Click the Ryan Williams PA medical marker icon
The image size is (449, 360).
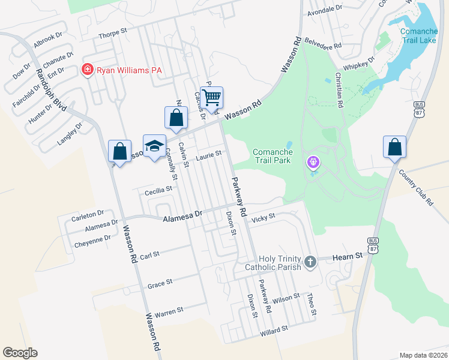(x=88, y=70)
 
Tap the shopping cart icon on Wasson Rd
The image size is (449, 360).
(x=211, y=97)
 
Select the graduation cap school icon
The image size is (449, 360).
(x=154, y=146)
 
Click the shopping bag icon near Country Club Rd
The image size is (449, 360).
(x=394, y=147)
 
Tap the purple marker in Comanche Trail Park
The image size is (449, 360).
(x=312, y=161)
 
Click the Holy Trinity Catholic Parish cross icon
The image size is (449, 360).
(x=310, y=262)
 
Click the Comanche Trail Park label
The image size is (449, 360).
(x=272, y=156)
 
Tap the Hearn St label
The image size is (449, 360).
(x=348, y=256)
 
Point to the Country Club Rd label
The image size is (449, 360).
(x=416, y=188)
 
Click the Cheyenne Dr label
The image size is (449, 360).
(x=92, y=238)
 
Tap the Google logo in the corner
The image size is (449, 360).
(x=20, y=353)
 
